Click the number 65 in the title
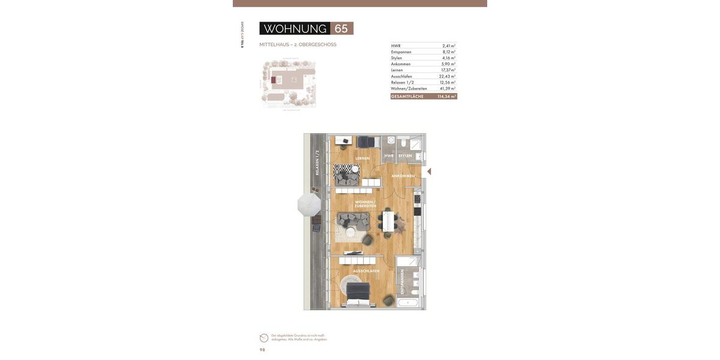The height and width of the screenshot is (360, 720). pos(341,29)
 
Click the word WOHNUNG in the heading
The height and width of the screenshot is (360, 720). pos(295,29)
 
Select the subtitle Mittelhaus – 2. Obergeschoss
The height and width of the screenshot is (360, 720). pos(298,44)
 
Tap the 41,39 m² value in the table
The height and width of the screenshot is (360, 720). pos(448,88)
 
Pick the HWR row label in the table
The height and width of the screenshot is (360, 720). pos(396,46)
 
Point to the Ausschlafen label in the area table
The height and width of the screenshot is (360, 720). pos(401,76)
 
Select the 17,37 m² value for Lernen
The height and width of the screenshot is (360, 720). pos(448,70)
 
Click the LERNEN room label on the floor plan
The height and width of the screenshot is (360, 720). pos(362,158)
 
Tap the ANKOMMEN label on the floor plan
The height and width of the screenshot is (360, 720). pos(403,176)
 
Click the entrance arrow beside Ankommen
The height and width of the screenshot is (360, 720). pos(429,172)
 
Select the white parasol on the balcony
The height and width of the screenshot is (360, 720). pos(309,205)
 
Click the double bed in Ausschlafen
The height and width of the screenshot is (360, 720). pos(358,294)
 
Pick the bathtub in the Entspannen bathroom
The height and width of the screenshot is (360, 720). pos(408,302)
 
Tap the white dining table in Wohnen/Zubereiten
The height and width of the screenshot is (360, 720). pos(389,221)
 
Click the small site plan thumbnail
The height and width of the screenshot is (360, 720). pos(288,83)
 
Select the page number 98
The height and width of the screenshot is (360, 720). pos(262,350)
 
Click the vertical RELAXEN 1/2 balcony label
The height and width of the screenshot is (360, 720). pos(317,163)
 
